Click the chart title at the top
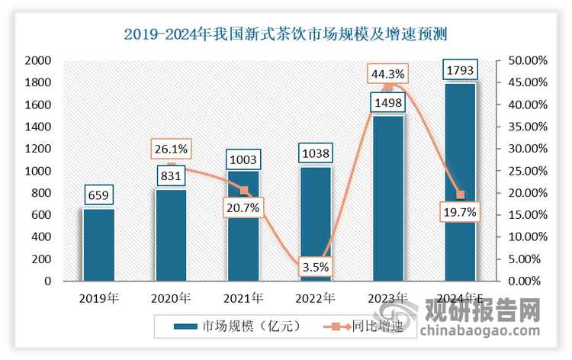pos(285,34)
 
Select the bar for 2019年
pos(99,244)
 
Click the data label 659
pos(99,197)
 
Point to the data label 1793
pos(460,72)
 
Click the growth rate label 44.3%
pos(387,74)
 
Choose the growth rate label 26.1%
pos(172,149)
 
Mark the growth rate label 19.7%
pos(460,214)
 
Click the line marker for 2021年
pos(244,190)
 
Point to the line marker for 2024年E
pos(460,194)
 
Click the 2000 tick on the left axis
pos(38,60)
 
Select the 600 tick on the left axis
pos(41,215)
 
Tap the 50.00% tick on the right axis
pos(525,60)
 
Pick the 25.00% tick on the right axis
pos(525,171)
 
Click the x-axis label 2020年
pos(172,297)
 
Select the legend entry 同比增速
pos(355,326)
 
